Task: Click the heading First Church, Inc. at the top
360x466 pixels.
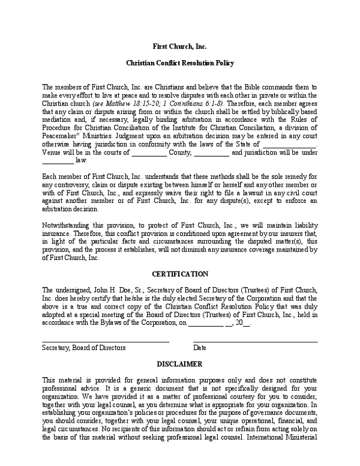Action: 179,46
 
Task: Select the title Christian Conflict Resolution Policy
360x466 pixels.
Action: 179,63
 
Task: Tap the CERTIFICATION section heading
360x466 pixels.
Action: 179,274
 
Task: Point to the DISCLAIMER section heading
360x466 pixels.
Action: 179,365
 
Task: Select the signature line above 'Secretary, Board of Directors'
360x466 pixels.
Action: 105,342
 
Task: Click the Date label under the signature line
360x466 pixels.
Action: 200,348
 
